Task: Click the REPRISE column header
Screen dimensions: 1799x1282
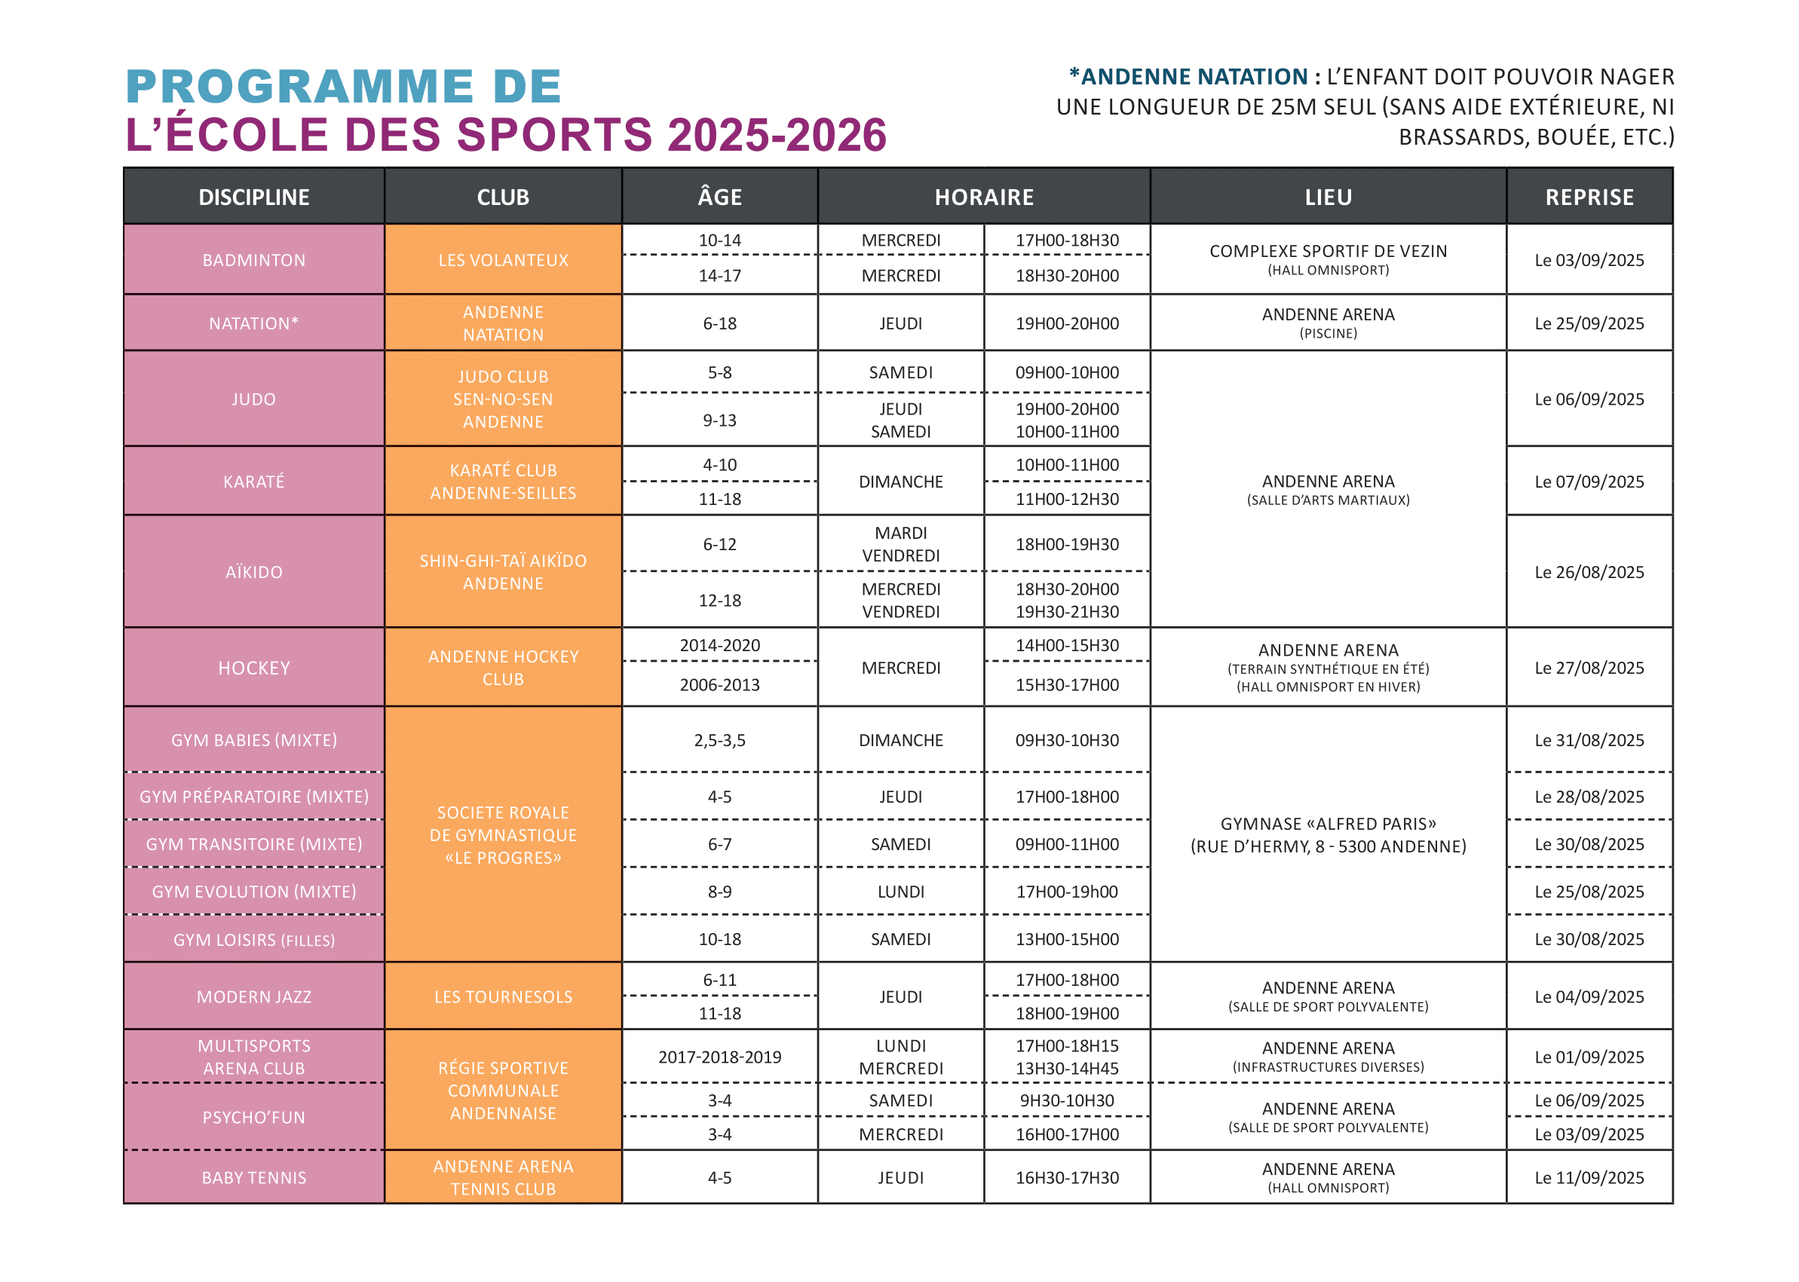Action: (1589, 197)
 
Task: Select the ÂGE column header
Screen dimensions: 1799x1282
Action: (719, 197)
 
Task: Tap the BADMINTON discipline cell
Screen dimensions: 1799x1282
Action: (253, 260)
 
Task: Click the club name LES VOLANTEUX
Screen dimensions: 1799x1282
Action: (503, 260)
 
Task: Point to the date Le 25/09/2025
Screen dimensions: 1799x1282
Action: (1589, 323)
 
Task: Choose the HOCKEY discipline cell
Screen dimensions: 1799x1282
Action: (253, 668)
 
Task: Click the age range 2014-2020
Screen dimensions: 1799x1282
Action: (719, 645)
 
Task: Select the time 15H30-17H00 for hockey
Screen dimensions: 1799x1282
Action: (1067, 684)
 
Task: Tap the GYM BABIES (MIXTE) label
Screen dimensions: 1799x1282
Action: (253, 740)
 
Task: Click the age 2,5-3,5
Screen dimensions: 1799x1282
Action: (719, 740)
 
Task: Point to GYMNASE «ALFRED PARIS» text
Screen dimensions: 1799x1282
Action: (1329, 823)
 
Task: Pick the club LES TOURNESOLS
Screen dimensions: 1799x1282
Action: (503, 997)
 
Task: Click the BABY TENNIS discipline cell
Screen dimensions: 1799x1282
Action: (253, 1178)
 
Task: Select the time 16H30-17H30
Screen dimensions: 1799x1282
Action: (1067, 1178)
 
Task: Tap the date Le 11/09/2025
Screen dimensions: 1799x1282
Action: (1589, 1178)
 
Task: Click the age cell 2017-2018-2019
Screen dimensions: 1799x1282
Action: (719, 1057)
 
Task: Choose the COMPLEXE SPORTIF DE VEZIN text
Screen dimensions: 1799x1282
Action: (1329, 251)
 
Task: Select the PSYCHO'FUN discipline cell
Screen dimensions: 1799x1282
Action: (253, 1117)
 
